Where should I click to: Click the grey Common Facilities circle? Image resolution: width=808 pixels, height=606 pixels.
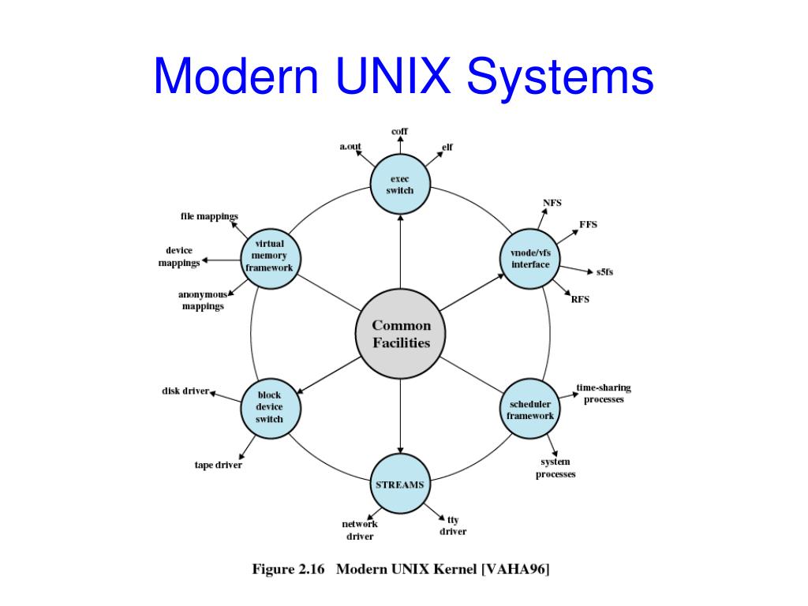tap(401, 335)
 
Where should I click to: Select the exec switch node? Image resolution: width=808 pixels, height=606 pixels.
tap(400, 185)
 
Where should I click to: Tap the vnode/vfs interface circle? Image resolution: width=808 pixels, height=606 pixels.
tap(530, 258)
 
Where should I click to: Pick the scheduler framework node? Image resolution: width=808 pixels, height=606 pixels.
tap(530, 410)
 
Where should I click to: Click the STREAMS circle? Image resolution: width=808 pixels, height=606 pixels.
tap(400, 484)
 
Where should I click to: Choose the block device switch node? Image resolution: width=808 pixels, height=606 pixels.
tap(269, 407)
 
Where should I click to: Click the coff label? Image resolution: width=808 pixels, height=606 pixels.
tap(400, 131)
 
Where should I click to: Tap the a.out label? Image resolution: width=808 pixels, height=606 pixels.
tap(350, 146)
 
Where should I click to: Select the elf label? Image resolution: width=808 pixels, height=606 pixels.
tap(447, 147)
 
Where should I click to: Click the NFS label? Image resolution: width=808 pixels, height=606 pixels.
tap(552, 203)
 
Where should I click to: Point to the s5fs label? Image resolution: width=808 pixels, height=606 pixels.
tap(605, 272)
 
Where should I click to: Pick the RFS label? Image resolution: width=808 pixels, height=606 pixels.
tap(580, 299)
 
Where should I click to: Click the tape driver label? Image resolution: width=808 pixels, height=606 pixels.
tap(219, 465)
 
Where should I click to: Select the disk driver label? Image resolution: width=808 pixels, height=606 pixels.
tap(185, 391)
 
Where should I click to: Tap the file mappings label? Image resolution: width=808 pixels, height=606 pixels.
tap(209, 216)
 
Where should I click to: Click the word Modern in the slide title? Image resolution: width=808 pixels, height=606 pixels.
tap(234, 77)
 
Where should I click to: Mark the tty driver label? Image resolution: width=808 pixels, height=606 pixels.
tap(453, 526)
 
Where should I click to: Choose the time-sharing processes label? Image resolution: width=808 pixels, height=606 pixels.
tap(604, 393)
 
